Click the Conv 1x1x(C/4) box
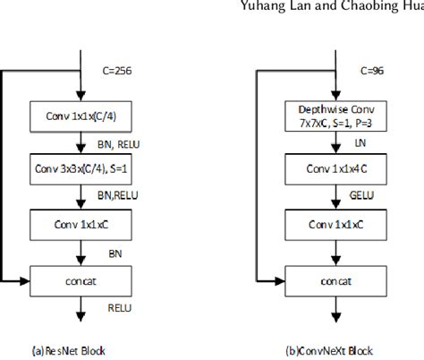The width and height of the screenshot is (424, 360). tap(81, 115)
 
